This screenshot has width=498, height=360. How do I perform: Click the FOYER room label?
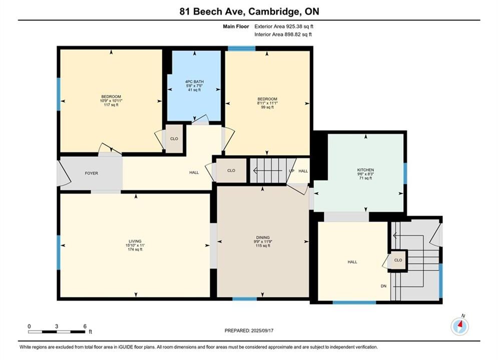(x=92, y=173)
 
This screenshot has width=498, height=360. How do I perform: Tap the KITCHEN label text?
(x=365, y=170)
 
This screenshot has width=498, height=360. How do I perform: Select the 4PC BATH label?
(x=194, y=82)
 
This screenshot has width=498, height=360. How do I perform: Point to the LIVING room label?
(x=135, y=241)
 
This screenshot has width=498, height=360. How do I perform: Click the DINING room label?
(x=263, y=237)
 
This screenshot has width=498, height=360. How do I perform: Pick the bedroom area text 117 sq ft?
(x=111, y=105)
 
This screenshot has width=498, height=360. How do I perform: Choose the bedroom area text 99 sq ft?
(x=267, y=107)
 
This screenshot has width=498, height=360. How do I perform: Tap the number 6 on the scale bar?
(x=85, y=326)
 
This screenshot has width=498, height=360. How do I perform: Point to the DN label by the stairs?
(x=384, y=286)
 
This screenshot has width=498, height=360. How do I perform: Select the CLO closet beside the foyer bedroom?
(x=174, y=139)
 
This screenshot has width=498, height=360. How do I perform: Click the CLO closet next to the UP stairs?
(x=231, y=170)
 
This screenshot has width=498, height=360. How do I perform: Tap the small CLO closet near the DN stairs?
(x=398, y=260)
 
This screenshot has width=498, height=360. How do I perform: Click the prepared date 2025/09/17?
(x=262, y=330)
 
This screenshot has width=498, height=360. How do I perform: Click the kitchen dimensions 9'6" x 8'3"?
(x=365, y=174)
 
